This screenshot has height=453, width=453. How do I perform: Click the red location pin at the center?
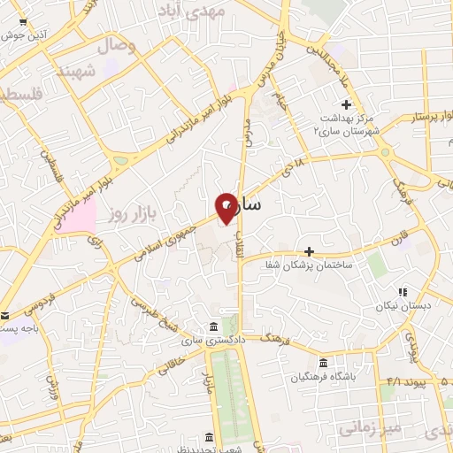pos(227,208)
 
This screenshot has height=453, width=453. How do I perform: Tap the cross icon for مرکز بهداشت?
pos(346,105)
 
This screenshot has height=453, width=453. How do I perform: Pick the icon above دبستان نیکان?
pos(402,291)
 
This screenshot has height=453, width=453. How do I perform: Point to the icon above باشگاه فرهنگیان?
pos(323,363)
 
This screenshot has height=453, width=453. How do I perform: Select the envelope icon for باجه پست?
pos(6,316)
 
